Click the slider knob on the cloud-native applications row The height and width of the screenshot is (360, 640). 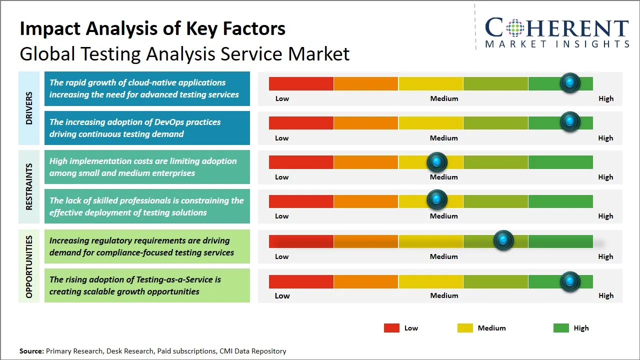pos(569,83)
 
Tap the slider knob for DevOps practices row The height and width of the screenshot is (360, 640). pos(569,122)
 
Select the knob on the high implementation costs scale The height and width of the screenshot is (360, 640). pos(437,161)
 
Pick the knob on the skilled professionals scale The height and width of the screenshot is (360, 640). pos(437,200)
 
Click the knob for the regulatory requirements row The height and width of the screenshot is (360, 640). pos(503,240)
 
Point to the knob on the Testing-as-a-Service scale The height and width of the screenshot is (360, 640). pos(569,281)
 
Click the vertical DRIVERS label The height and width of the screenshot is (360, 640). pos(29,108)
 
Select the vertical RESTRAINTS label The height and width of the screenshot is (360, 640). pos(29,186)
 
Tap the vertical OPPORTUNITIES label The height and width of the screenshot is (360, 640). pos(29,266)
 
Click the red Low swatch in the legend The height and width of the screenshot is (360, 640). pos(391,328)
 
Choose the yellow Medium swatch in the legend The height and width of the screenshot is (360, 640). pos(465,328)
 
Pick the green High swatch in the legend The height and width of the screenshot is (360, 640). pos(561,328)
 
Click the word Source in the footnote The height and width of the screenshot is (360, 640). pos(31,351)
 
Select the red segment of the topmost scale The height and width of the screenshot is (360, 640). pos(301,83)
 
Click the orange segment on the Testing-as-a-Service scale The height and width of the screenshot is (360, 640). pos(365,281)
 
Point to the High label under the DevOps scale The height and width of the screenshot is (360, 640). pos(605,138)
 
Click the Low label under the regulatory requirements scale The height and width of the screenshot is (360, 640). pos(282,256)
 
